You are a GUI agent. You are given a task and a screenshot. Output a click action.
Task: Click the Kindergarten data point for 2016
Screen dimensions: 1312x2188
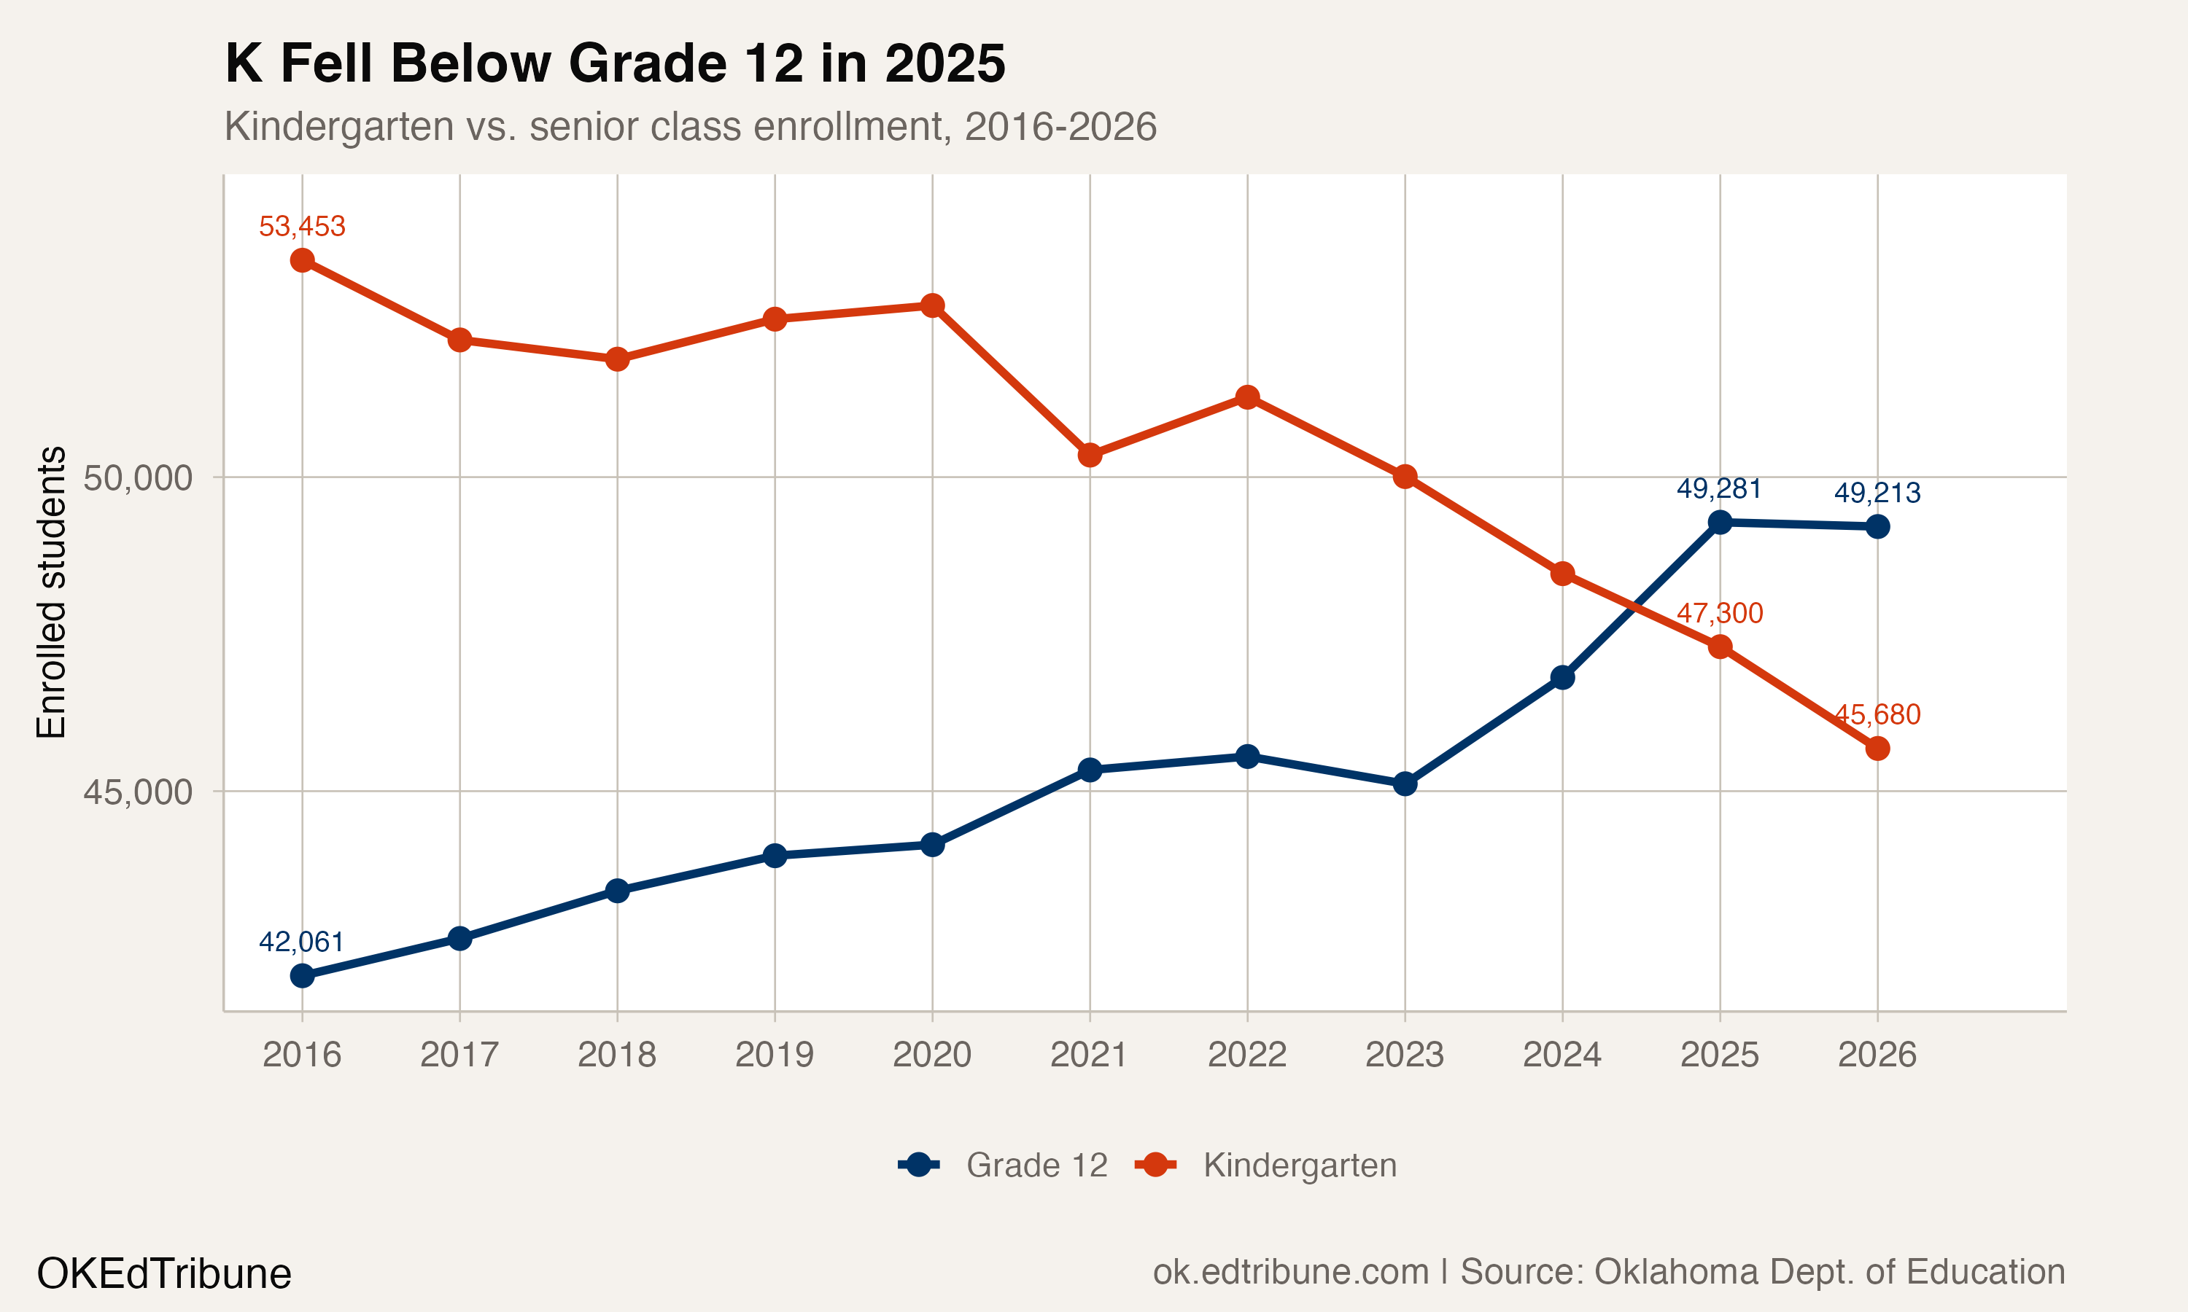pos(303,260)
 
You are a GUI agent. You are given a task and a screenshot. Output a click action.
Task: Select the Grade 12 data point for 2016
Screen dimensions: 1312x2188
pos(303,976)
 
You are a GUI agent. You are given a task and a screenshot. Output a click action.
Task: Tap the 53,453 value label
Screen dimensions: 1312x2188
pos(303,227)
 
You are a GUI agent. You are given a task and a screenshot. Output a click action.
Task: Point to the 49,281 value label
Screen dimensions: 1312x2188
pos(1719,488)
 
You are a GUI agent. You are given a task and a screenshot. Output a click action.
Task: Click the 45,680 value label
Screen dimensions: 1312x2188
pos(1877,714)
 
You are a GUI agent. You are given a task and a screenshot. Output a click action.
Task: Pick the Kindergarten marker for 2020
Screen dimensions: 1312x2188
pos(932,306)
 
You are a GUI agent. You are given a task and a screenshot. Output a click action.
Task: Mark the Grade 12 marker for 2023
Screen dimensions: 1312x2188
pos(1405,784)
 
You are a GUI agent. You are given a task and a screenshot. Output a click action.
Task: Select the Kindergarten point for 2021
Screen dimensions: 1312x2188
pos(1090,456)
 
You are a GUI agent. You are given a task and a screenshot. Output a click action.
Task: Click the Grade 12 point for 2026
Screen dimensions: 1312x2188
pos(1877,527)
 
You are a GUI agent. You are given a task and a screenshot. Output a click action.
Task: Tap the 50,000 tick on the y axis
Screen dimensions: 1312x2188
pos(137,478)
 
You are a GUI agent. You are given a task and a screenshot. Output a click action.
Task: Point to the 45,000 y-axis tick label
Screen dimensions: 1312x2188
pos(137,792)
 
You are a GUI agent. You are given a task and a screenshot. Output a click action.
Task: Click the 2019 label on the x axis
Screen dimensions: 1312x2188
pos(775,1055)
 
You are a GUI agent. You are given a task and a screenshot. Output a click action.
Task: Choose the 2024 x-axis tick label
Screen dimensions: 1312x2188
pos(1562,1055)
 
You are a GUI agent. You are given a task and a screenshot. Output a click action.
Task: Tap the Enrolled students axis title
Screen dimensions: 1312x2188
pos(51,593)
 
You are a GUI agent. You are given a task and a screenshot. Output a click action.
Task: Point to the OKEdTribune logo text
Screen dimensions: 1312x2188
pos(163,1274)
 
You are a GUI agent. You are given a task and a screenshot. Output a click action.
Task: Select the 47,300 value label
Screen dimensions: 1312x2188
pos(1719,613)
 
